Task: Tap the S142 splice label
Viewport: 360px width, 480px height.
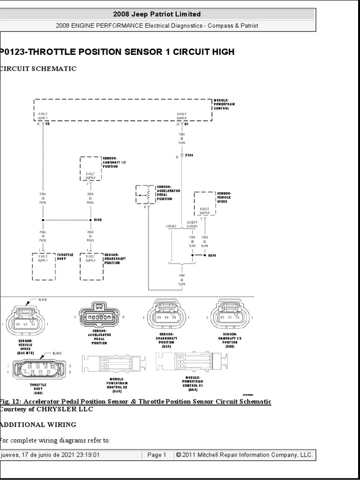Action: pyautogui.click(x=98, y=219)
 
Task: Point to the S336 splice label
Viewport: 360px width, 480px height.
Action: pyautogui.click(x=213, y=256)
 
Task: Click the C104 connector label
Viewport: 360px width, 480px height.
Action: pyautogui.click(x=189, y=154)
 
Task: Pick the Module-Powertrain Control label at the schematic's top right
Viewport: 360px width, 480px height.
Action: pyautogui.click(x=221, y=104)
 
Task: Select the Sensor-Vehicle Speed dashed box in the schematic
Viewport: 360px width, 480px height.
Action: pyautogui.click(x=204, y=203)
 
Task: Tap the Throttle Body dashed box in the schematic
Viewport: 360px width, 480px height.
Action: pyautogui.click(x=43, y=262)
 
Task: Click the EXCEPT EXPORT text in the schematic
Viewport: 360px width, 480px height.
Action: pyautogui.click(x=192, y=224)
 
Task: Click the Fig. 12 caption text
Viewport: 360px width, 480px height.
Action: pyautogui.click(x=135, y=402)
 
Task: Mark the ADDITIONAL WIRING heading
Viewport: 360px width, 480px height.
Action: pyautogui.click(x=38, y=425)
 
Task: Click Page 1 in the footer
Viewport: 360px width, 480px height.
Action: pyautogui.click(x=157, y=455)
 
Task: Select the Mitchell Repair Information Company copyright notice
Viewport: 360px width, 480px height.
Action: pyautogui.click(x=244, y=455)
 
